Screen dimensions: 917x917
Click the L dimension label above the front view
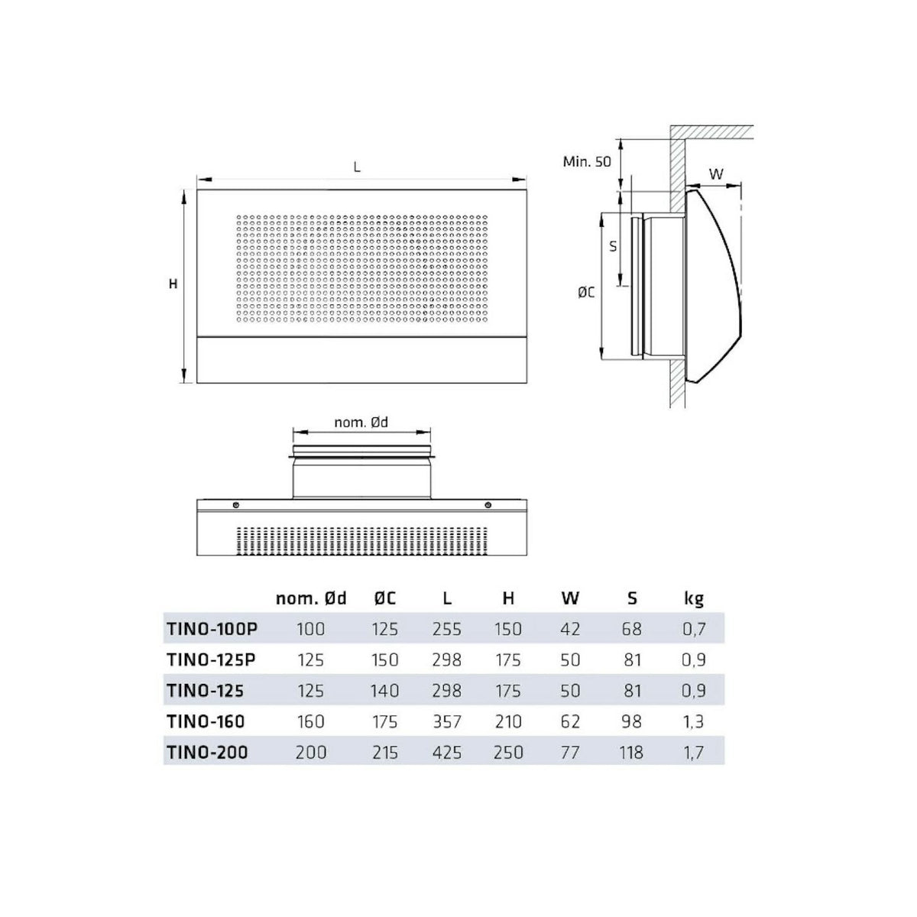pos(357,167)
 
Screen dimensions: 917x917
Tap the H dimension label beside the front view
pos(173,284)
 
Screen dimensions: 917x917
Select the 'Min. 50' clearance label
pos(587,162)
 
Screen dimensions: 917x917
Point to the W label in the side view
pos(716,174)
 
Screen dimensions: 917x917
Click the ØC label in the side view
pos(586,292)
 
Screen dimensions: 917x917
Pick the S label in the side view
pos(613,247)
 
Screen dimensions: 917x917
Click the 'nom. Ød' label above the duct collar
pos(361,423)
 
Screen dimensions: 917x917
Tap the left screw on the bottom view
pos(236,505)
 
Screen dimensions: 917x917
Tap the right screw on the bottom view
pos(488,505)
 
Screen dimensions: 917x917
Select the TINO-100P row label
pos(212,629)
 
